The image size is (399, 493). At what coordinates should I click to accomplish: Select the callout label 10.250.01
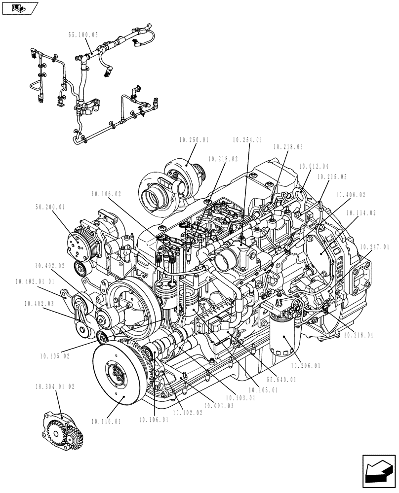coord(194,140)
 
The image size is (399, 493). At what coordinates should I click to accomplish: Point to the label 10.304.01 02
coord(55,387)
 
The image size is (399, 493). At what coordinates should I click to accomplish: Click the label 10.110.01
coord(106,422)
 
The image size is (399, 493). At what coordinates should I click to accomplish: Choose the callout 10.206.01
coord(305,366)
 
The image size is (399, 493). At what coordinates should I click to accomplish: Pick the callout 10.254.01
coord(247,140)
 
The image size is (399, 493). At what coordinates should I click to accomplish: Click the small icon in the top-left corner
coord(20,8)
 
